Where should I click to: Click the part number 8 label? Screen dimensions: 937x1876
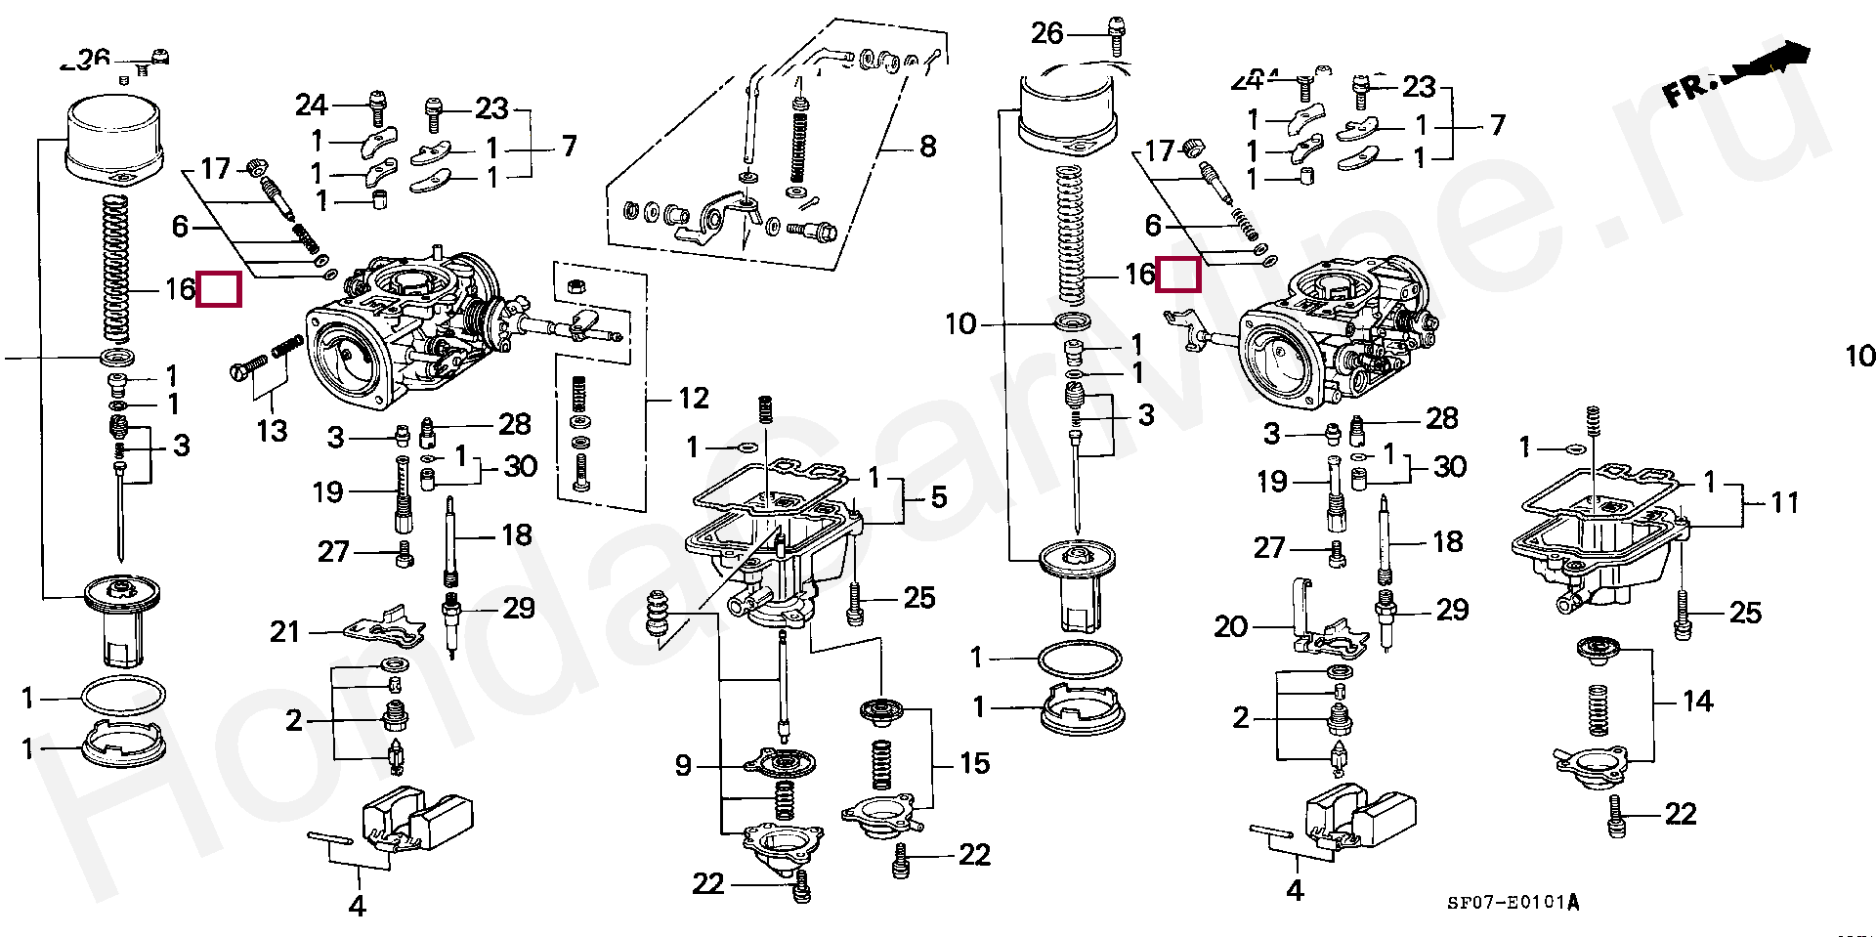(x=927, y=147)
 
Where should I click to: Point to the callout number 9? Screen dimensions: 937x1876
(x=683, y=765)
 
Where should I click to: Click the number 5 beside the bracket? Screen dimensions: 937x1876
(x=938, y=497)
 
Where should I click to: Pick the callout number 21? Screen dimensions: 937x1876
(x=284, y=632)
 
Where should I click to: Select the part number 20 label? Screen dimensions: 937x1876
(x=1231, y=625)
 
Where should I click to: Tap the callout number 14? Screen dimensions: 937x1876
(x=1697, y=701)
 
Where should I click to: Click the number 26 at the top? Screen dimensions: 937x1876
(x=1046, y=33)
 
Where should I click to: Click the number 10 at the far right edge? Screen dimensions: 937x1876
(x=1860, y=357)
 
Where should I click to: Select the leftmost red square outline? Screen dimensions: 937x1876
(x=219, y=288)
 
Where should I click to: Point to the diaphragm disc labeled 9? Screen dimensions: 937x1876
(x=780, y=762)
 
